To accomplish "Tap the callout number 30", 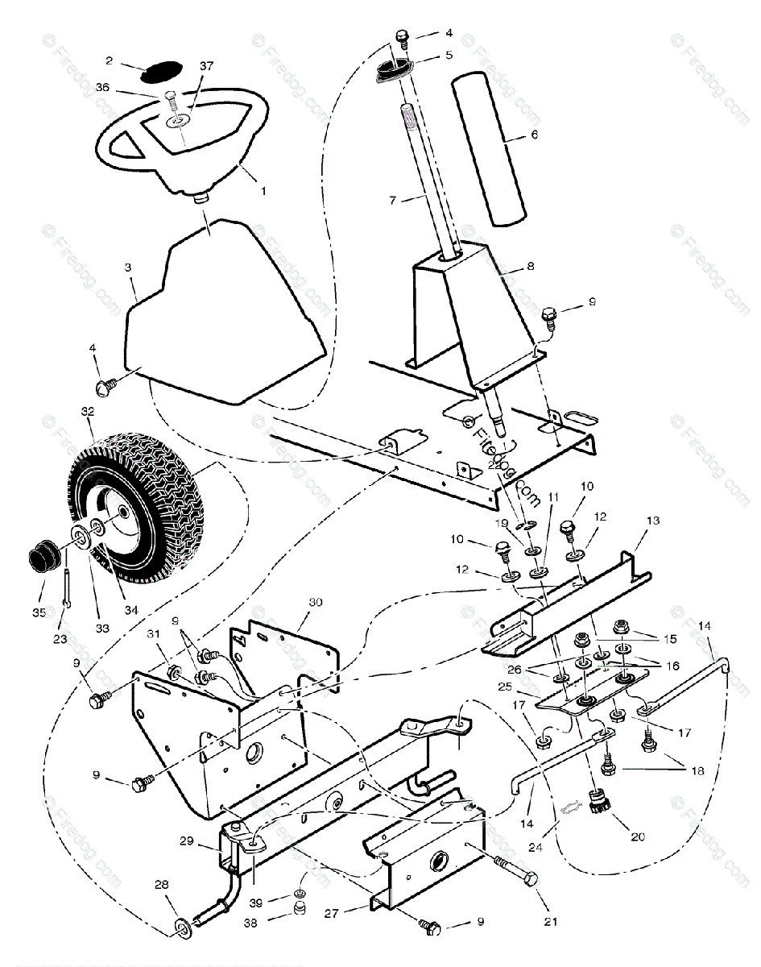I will pos(316,602).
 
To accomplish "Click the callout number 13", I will pos(652,521).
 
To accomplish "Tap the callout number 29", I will pos(188,841).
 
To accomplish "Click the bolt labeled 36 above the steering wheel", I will pos(171,99).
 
